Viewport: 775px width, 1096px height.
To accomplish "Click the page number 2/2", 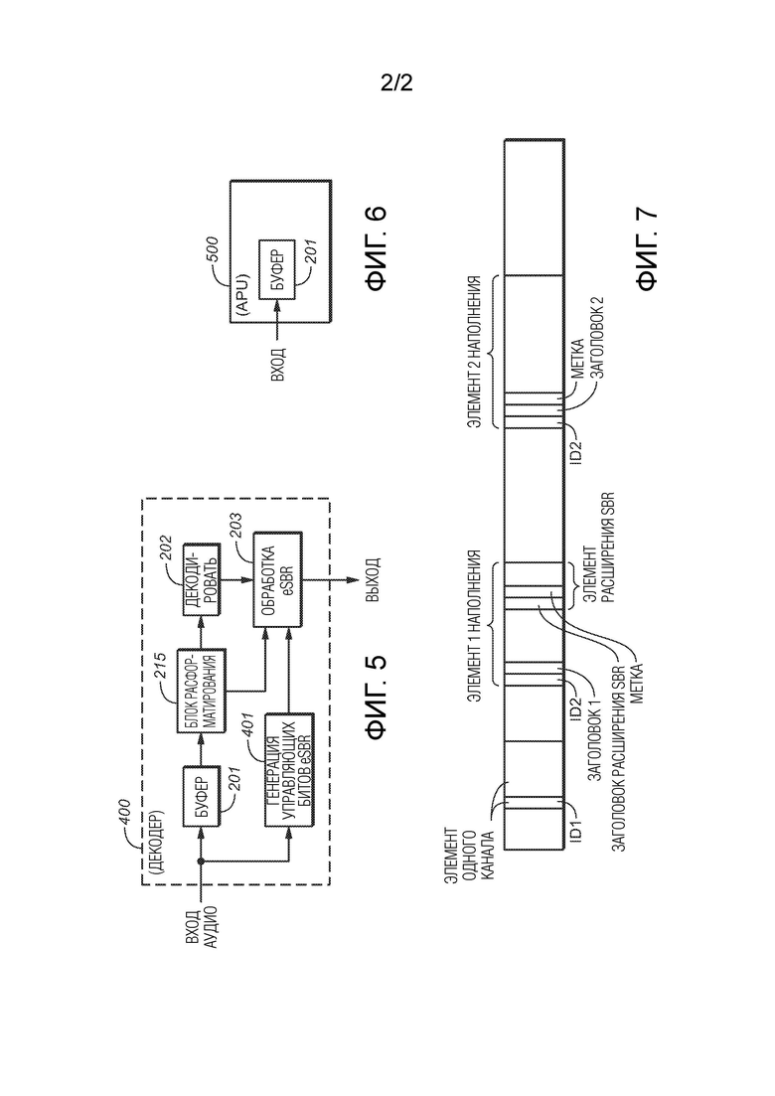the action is pos(396,83).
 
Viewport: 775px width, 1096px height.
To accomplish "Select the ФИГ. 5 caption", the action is pos(376,699).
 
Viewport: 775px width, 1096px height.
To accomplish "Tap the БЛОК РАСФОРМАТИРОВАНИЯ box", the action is pos(202,690).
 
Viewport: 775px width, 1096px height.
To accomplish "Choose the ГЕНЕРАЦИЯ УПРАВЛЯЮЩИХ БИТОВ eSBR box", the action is pos(289,769).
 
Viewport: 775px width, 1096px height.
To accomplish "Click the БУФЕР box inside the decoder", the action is pos(202,796).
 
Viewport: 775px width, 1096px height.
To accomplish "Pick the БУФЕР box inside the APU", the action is pos(277,270).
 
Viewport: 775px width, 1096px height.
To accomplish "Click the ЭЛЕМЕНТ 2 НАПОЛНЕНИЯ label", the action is pos(475,352).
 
